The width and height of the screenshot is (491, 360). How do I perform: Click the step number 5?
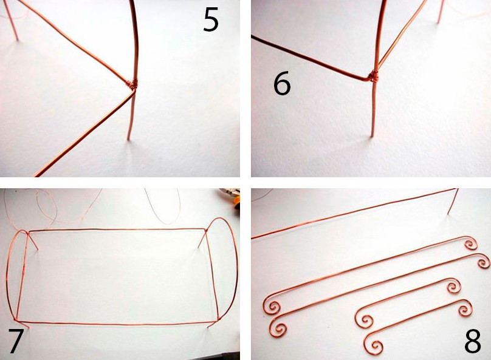coord(211,19)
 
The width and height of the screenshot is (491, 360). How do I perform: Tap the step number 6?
coord(282,84)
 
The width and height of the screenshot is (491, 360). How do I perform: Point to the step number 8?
coord(473,341)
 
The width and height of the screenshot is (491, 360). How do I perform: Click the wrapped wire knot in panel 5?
coord(132,84)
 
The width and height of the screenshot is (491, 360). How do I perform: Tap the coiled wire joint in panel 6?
coord(373,76)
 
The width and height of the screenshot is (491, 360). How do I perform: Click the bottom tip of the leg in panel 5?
coord(128,139)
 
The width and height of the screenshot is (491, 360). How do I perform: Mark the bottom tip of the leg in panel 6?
coord(373,136)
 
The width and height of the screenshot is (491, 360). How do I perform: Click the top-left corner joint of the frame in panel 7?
coord(28,233)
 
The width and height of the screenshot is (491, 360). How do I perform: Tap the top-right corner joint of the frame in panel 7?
coord(206,231)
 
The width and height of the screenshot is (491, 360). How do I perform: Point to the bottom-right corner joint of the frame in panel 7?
coord(218,319)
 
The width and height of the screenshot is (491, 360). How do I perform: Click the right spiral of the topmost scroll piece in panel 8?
coord(471,244)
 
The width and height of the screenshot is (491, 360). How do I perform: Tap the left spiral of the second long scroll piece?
coord(278,327)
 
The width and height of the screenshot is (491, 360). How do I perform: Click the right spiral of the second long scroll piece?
coord(483,260)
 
